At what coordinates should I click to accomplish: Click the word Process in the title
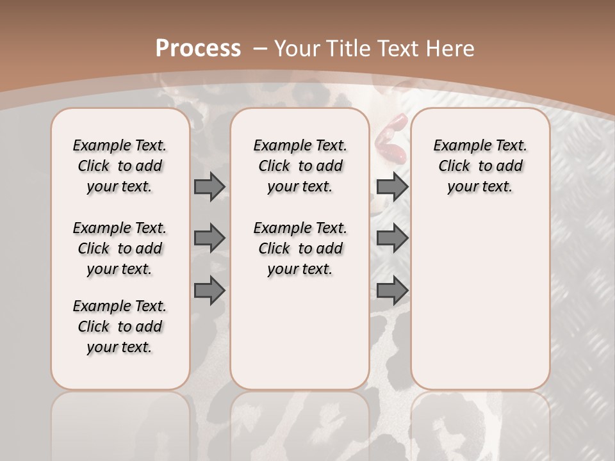coord(198,48)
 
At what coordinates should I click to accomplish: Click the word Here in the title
coord(452,48)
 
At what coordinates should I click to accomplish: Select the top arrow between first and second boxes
coord(209,186)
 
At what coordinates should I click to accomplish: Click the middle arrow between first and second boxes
coord(209,238)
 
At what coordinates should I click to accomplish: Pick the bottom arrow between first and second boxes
coord(209,290)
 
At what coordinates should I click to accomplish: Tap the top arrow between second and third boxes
coord(392,186)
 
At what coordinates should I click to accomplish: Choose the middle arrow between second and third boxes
coord(392,238)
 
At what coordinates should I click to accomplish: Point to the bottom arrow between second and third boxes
coord(392,290)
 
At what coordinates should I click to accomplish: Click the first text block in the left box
coord(120,166)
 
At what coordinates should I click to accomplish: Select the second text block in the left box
coord(120,248)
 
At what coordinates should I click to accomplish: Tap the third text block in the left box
coord(120,327)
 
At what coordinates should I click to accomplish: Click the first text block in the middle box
coord(300,166)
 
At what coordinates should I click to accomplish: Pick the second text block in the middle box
coord(300,248)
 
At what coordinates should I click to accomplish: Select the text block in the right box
coord(480,166)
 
